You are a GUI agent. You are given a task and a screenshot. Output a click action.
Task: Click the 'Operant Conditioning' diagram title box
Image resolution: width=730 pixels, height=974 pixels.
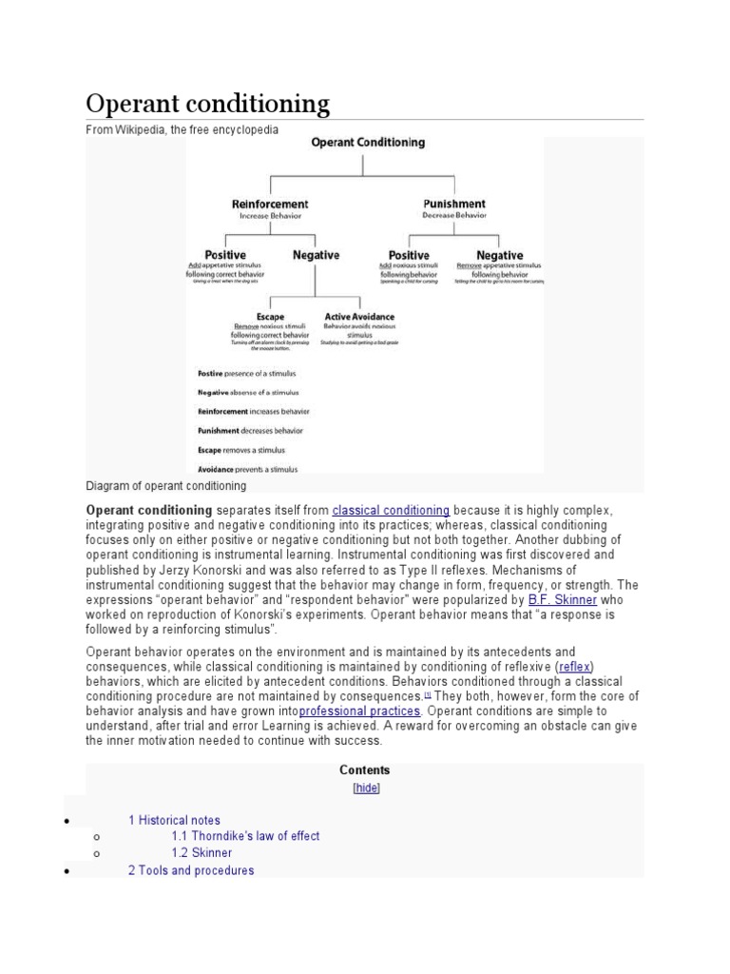click(368, 143)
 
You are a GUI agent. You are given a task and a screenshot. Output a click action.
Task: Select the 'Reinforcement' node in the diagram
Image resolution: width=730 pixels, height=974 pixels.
click(270, 205)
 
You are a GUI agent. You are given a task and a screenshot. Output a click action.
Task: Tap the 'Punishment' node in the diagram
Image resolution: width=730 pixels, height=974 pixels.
click(453, 205)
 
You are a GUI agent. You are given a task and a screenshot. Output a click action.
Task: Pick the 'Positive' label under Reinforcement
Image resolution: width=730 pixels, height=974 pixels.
click(225, 255)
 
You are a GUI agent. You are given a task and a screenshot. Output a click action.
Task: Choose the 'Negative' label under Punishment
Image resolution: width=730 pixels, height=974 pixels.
click(499, 255)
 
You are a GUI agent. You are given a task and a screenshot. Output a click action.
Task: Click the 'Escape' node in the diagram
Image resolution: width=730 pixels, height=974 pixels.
click(270, 317)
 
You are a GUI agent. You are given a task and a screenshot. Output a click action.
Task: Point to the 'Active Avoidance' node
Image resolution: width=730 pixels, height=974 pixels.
click(359, 317)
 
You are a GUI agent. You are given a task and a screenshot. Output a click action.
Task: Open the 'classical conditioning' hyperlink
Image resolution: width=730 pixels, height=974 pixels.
click(391, 510)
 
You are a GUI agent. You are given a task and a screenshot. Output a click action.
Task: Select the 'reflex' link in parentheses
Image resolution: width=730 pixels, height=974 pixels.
click(575, 666)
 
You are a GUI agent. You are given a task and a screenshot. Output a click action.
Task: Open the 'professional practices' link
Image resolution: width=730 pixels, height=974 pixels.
click(359, 711)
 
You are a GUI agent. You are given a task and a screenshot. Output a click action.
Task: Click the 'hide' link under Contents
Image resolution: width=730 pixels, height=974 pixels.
click(365, 789)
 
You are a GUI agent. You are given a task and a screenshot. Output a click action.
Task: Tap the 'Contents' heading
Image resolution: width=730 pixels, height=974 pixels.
click(365, 770)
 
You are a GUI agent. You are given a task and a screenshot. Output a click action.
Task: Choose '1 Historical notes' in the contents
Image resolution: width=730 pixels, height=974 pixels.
click(174, 820)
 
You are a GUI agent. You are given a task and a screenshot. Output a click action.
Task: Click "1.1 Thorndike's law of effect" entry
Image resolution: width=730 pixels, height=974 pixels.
click(245, 836)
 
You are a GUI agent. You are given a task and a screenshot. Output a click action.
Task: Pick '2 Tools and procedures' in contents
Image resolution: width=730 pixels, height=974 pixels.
click(191, 870)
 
